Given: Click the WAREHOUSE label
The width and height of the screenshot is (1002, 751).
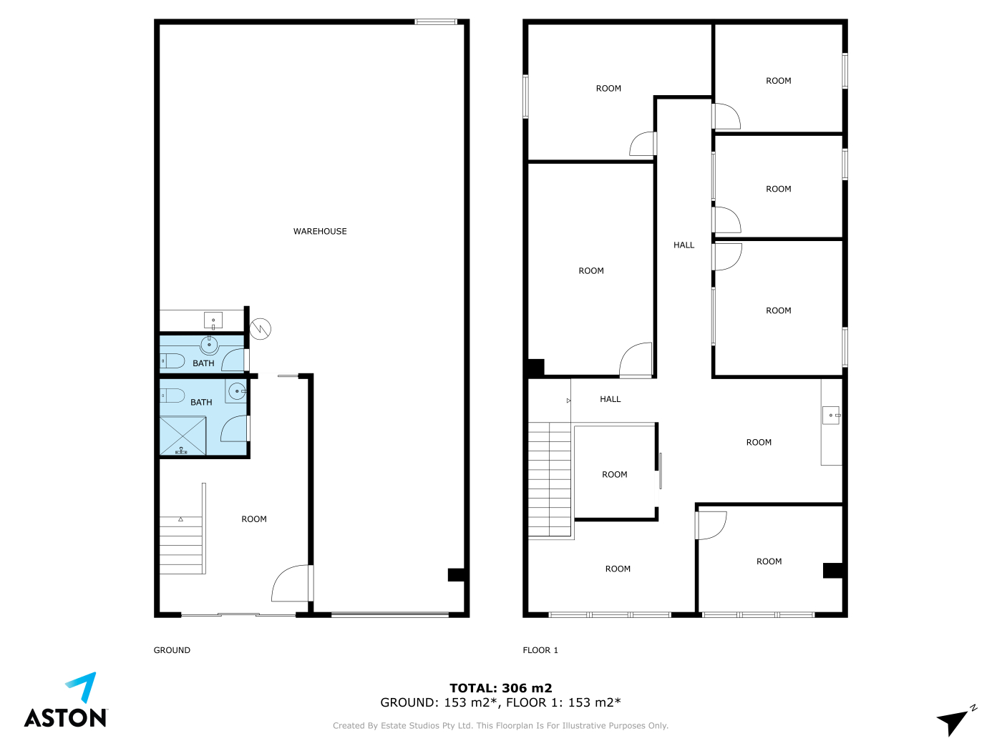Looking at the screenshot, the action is (x=319, y=231).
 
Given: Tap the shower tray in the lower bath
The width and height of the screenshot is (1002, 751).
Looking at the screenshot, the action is (x=183, y=436).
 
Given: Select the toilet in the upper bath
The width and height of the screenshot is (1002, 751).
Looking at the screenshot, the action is (x=172, y=361).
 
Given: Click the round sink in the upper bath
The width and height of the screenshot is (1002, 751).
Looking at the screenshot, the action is (x=210, y=345).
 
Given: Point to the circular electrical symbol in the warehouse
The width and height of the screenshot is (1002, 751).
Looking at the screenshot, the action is (x=261, y=329).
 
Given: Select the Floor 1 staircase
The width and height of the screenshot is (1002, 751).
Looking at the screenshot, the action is (x=550, y=479).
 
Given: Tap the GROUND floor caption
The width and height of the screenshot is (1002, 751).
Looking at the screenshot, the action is (x=172, y=650).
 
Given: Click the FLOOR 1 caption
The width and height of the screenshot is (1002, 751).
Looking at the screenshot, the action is (x=540, y=650).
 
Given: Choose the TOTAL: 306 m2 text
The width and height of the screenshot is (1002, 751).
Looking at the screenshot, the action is (x=501, y=687).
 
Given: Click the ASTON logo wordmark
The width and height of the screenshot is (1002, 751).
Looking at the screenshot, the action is (x=65, y=717).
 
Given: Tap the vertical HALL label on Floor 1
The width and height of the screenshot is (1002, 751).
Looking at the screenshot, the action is (x=684, y=245).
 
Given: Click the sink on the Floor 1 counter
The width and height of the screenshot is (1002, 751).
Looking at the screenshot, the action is (x=831, y=416).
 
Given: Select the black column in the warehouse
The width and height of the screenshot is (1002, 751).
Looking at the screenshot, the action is (x=456, y=574).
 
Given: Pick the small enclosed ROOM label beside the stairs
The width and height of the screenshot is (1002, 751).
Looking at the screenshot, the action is (x=614, y=475).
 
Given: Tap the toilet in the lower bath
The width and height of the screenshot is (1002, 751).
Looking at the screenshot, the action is (x=172, y=395).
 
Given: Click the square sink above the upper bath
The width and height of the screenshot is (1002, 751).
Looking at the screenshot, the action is (x=213, y=320).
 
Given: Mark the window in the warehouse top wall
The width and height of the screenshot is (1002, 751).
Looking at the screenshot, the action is (x=435, y=21).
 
